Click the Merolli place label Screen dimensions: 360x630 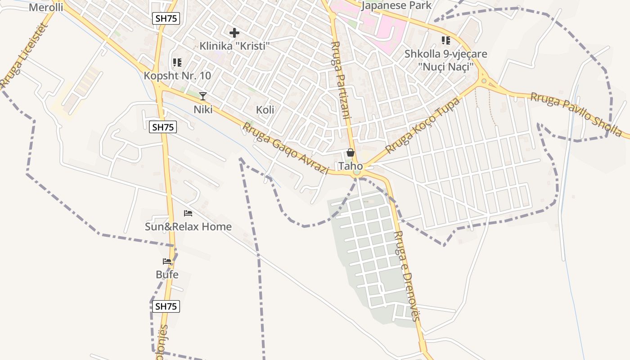[x=46, y=7]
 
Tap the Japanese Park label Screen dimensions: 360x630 [x=396, y=5]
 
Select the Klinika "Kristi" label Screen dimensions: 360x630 [x=234, y=46]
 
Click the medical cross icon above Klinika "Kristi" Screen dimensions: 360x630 [x=234, y=32]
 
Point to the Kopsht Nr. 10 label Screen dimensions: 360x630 [x=177, y=76]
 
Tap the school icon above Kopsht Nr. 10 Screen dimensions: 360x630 [x=177, y=63]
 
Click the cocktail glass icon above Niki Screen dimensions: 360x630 [x=203, y=96]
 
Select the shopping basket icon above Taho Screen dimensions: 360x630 [x=351, y=153]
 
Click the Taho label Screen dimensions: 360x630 [x=351, y=166]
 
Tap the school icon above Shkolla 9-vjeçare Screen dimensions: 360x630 [x=445, y=41]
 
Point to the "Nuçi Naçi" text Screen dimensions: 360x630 [x=445, y=67]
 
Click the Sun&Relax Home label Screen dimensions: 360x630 [x=188, y=226]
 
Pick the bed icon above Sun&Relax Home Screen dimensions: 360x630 [x=188, y=213]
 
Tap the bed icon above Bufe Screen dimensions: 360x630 [x=167, y=261]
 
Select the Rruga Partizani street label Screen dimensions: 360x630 [x=341, y=80]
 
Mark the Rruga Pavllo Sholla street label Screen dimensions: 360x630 [x=576, y=115]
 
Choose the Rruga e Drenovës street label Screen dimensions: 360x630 [x=406, y=276]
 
